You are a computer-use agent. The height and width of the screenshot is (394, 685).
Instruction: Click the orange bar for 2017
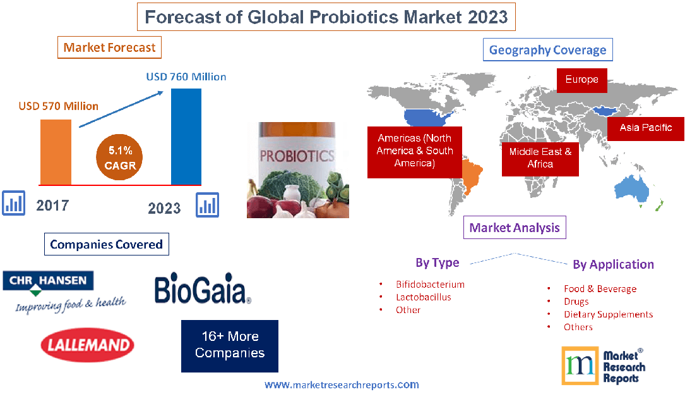(x=56, y=151)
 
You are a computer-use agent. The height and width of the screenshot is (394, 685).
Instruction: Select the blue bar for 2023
(x=186, y=136)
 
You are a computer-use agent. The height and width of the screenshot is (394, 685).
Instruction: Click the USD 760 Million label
(x=186, y=77)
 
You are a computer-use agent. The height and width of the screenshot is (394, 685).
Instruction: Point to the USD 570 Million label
(x=59, y=106)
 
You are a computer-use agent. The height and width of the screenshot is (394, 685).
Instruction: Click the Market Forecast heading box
(x=109, y=47)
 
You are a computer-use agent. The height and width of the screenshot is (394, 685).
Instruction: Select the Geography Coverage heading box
(x=547, y=51)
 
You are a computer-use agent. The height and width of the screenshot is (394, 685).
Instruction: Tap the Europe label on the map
(x=581, y=80)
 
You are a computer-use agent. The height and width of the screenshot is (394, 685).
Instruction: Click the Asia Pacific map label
(x=645, y=128)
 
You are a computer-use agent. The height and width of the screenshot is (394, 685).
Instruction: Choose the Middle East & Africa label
(x=540, y=157)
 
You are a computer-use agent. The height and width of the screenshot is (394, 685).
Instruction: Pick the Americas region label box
(x=415, y=151)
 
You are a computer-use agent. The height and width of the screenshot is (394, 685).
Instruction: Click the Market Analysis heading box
(x=515, y=228)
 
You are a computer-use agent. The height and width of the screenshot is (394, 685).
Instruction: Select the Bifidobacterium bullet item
(x=430, y=285)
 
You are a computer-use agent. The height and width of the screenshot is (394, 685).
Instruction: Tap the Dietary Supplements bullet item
(x=608, y=314)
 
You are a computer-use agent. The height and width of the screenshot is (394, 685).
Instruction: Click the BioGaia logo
(x=203, y=290)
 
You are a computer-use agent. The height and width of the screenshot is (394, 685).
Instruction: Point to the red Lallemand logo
(x=87, y=345)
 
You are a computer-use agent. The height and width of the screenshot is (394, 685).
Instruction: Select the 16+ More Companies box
(x=229, y=345)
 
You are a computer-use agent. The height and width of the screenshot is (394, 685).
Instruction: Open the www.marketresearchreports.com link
(x=341, y=385)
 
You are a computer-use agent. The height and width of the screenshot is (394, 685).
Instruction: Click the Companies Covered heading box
(x=106, y=244)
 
